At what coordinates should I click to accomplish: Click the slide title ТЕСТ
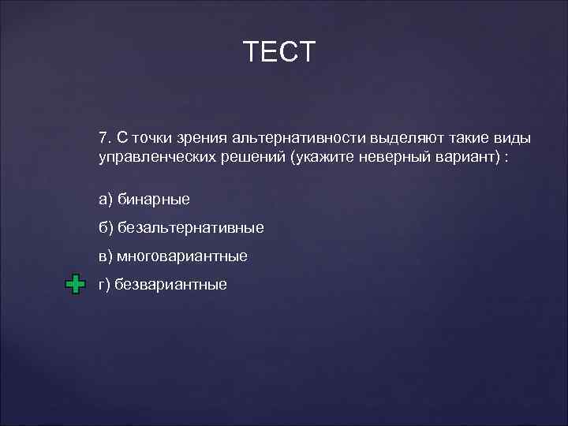279,52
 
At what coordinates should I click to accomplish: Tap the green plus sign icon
75,285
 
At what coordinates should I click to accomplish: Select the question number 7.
105,137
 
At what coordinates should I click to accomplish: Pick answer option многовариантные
182,256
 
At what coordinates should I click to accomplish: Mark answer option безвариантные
170,285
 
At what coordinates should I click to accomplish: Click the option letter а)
105,200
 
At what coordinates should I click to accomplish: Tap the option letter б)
106,228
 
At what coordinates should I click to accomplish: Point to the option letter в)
106,256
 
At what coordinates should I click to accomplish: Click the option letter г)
104,285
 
